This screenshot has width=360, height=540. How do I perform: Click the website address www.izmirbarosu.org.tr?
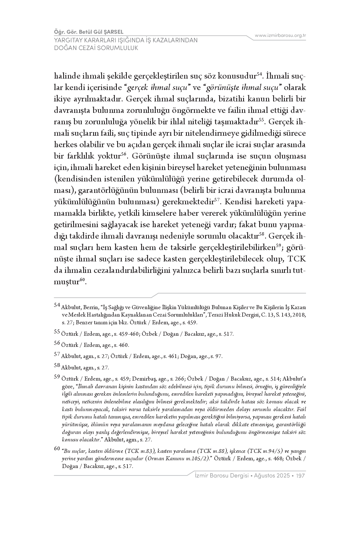coord(280,35)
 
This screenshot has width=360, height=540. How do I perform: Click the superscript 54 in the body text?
coord(259,74)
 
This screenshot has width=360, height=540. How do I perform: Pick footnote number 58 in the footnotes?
coord(57,365)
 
